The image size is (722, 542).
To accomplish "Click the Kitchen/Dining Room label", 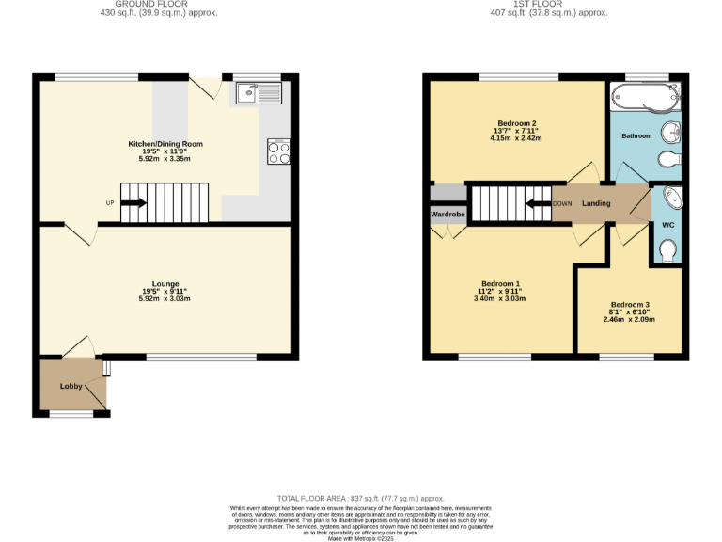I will click(165, 144).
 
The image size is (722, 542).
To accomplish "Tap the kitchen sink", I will click(259, 92).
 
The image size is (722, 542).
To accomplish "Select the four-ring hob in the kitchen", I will click(279, 151).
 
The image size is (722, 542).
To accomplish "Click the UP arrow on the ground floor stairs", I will click(133, 202).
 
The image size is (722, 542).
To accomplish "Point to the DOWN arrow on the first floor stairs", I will click(538, 203).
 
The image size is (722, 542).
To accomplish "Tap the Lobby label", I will click(71, 386).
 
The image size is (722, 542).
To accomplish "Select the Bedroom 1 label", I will click(500, 284).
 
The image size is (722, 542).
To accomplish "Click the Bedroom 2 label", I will click(516, 123).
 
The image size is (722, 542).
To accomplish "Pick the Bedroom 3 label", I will click(629, 304).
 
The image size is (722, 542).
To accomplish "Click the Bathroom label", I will click(636, 136).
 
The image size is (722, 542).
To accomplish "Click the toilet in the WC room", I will click(667, 250).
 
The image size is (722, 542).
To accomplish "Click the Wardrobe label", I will click(448, 214).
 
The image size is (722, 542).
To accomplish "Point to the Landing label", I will click(596, 203).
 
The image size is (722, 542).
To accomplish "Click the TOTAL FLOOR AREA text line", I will click(360, 498).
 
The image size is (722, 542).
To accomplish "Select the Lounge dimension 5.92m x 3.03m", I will click(165, 298).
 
